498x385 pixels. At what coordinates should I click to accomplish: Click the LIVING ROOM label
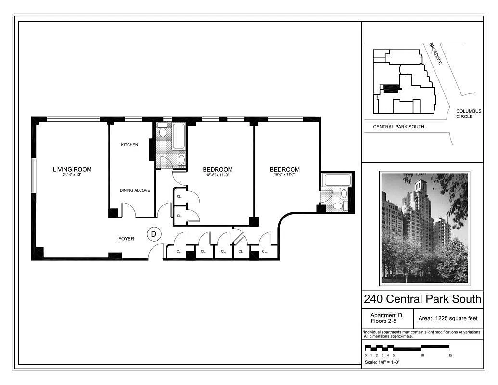pos(72,169)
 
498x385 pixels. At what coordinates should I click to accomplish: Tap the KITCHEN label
pos(129,145)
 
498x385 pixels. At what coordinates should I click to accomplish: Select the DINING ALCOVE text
pos(135,190)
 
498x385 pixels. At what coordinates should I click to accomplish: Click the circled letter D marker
pos(154,234)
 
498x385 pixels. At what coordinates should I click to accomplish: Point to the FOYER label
pos(127,239)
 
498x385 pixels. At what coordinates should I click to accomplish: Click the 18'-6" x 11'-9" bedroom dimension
pos(217,175)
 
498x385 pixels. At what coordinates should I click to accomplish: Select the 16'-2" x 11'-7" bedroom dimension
pos(284,175)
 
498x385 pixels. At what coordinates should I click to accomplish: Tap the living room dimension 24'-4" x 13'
pos(72,175)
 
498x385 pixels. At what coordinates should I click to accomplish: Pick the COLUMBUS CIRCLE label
pos(468,114)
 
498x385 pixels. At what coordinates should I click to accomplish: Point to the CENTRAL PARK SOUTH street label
pos(399,127)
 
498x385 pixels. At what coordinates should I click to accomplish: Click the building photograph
pos(424,229)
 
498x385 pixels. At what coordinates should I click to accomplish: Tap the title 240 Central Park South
pos(422,299)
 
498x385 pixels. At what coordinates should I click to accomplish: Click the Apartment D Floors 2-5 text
pos(386,318)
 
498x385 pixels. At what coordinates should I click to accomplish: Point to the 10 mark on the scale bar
pos(422,355)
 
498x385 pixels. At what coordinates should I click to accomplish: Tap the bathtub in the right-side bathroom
pos(338,180)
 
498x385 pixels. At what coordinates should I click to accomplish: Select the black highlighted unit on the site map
pos(392,88)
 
